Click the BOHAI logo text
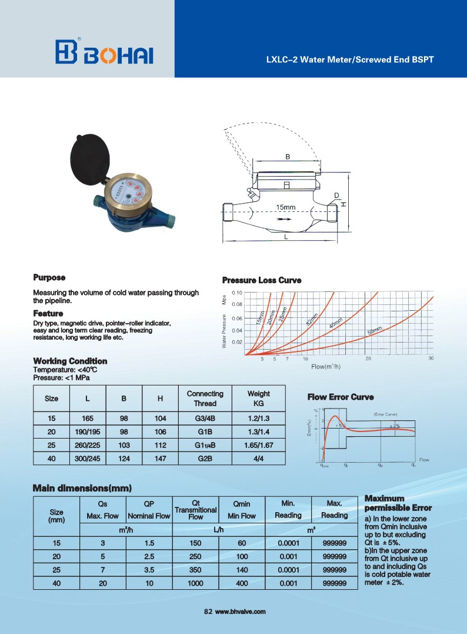tap(119, 54)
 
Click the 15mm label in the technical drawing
tap(285, 207)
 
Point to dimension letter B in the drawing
tap(288, 157)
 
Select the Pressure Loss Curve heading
tap(261, 280)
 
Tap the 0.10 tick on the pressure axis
tap(237, 293)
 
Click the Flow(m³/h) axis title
tap(326, 367)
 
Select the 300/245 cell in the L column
tap(87, 457)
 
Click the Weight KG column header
tap(258, 399)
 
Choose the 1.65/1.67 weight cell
tap(258, 444)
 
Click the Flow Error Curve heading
tap(341, 397)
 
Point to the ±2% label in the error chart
tap(395, 426)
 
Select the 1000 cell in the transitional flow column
tap(196, 583)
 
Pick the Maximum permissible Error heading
tap(398, 503)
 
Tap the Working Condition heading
tap(70, 361)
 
